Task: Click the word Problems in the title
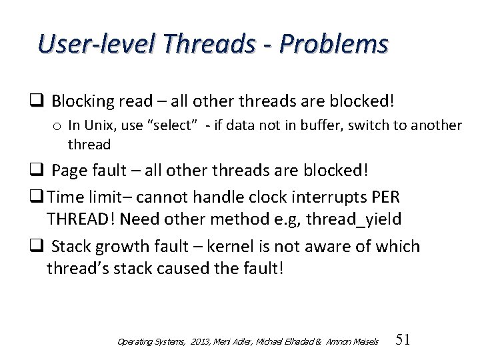coord(333,44)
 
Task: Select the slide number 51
coord(403,339)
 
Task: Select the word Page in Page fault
coord(68,171)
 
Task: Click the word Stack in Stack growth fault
coord(71,247)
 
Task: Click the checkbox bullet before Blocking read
coord(38,102)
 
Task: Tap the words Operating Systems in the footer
coord(150,341)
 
